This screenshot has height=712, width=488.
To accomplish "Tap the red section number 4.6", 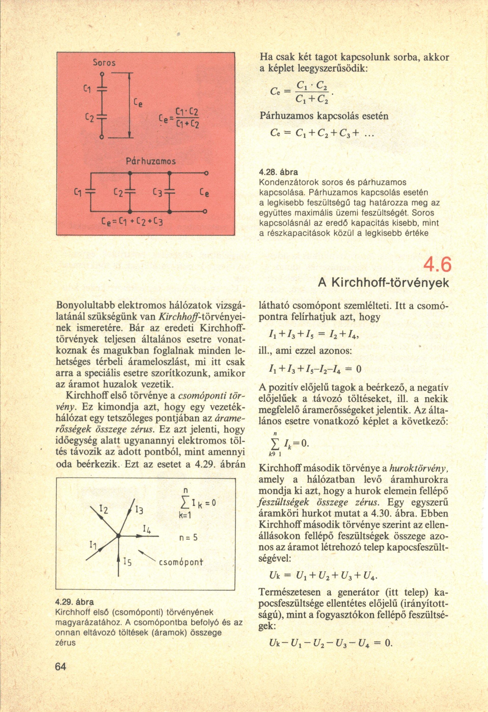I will [x=437, y=265].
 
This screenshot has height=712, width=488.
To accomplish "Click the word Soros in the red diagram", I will [x=104, y=63].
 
